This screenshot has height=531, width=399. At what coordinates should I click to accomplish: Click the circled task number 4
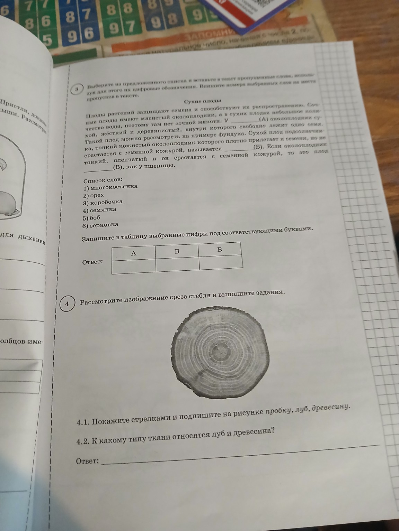68,304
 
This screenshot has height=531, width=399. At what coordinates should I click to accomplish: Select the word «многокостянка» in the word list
113,187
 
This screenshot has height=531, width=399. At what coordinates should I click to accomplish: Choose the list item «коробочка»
106,202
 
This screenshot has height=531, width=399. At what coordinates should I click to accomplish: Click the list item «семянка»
103,210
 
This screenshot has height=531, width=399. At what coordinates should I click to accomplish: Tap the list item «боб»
95,218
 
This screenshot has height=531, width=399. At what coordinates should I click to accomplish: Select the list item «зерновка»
104,225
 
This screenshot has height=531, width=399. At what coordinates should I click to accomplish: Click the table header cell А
134,253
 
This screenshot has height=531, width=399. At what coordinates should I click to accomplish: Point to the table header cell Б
177,251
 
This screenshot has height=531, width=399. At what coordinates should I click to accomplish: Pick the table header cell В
220,249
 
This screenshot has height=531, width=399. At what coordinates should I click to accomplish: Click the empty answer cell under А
134,267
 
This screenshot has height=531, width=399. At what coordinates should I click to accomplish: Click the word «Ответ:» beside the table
92,262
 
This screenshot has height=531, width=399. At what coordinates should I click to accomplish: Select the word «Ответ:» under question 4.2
87,460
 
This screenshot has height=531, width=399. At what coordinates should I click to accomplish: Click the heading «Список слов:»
103,180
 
